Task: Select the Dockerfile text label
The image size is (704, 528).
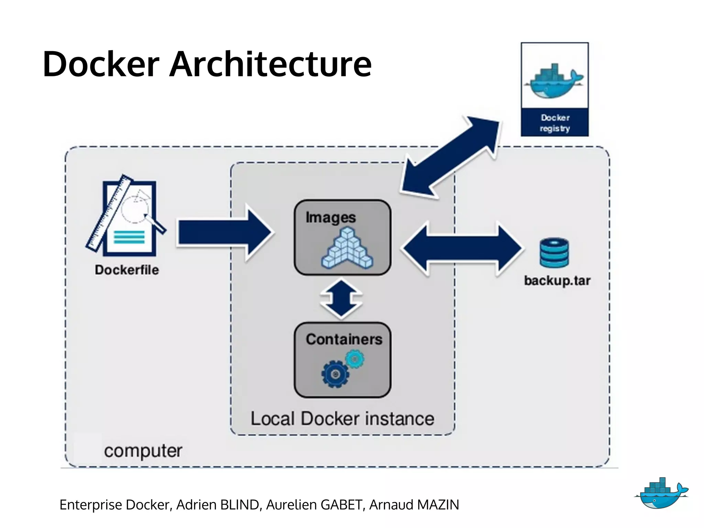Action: click(127, 270)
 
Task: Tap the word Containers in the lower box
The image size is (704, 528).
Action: click(344, 340)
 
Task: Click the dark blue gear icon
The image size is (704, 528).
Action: click(335, 374)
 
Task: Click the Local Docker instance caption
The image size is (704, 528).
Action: click(342, 419)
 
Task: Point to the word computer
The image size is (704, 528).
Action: click(143, 451)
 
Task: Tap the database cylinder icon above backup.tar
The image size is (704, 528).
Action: click(554, 253)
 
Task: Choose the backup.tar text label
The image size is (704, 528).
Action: click(557, 281)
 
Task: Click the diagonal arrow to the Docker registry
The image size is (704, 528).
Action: click(450, 156)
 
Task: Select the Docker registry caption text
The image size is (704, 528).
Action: click(555, 123)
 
